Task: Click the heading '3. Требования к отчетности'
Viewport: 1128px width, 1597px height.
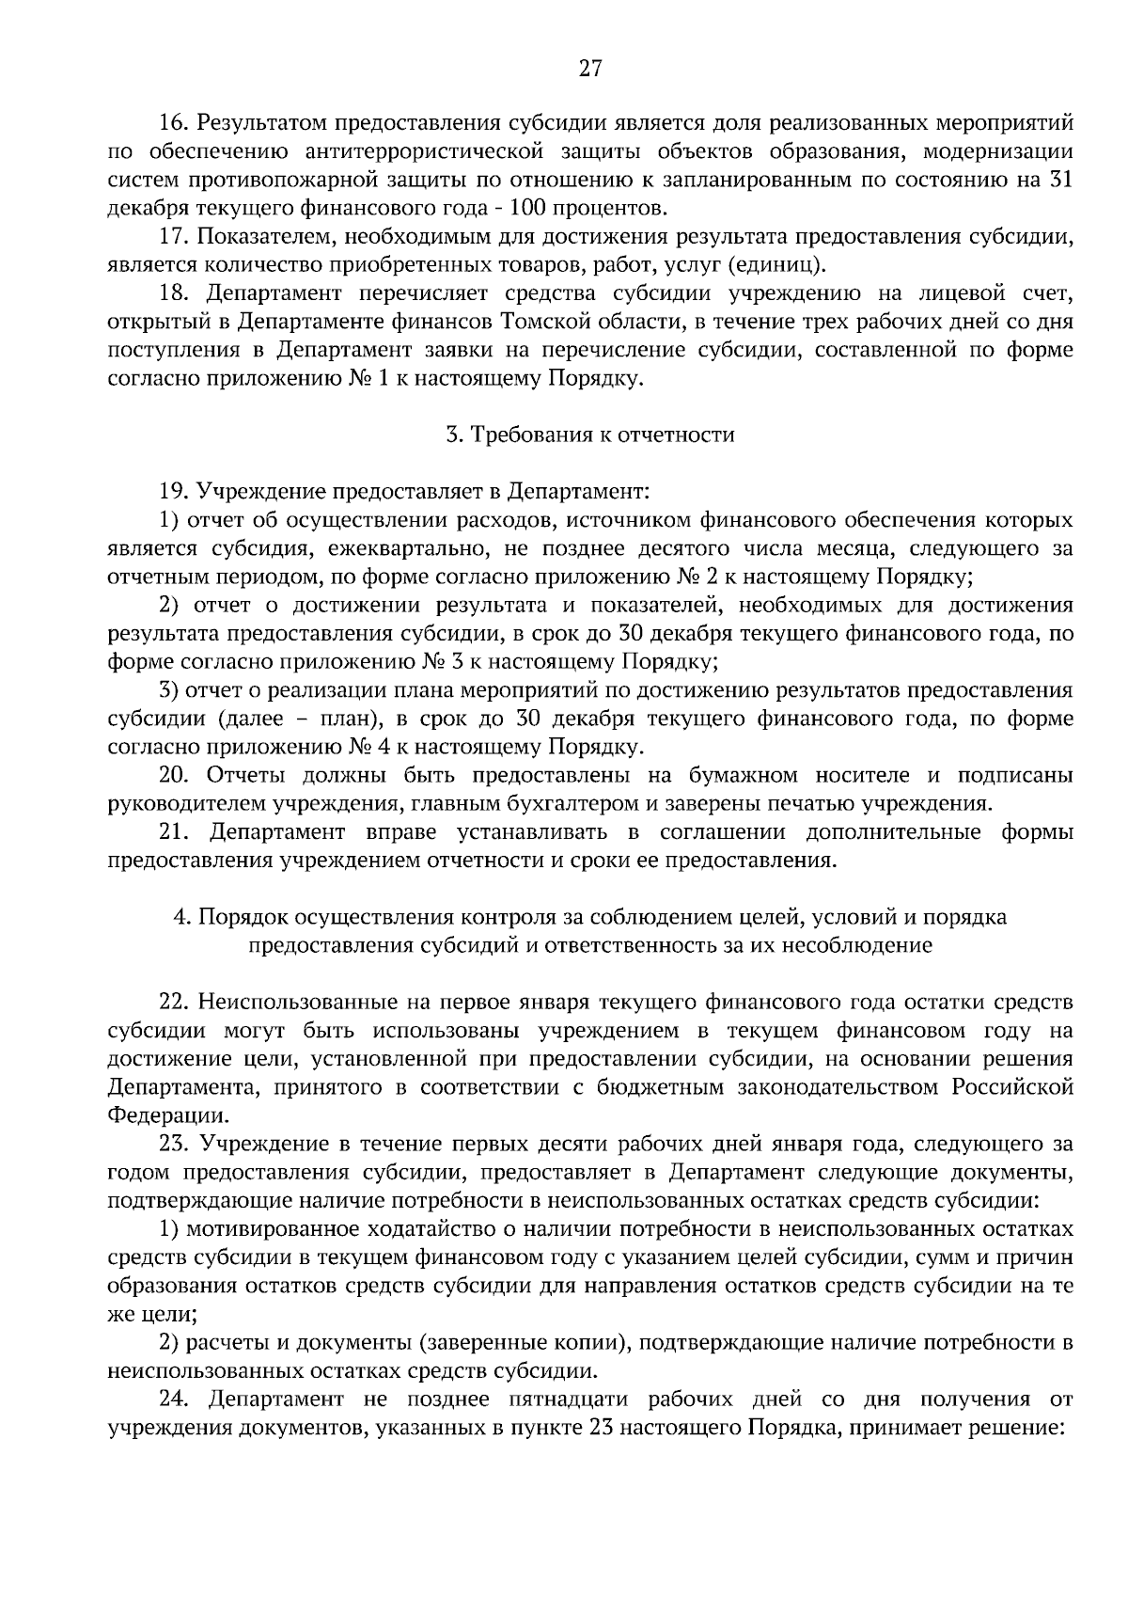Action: [x=589, y=435]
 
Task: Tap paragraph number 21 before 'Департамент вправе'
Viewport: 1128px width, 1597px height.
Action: [x=176, y=832]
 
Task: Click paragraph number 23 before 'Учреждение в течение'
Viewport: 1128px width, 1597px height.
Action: [x=176, y=1145]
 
